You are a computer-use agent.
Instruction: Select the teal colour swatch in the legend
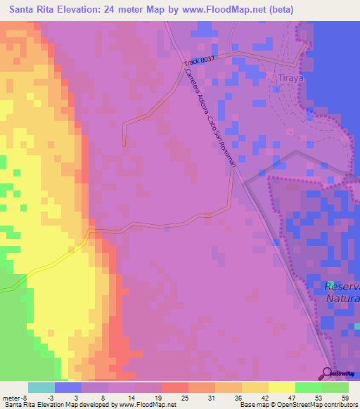coord(41,387)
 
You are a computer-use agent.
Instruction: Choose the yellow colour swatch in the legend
coord(281,387)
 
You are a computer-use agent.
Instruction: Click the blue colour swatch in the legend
coord(68,387)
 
